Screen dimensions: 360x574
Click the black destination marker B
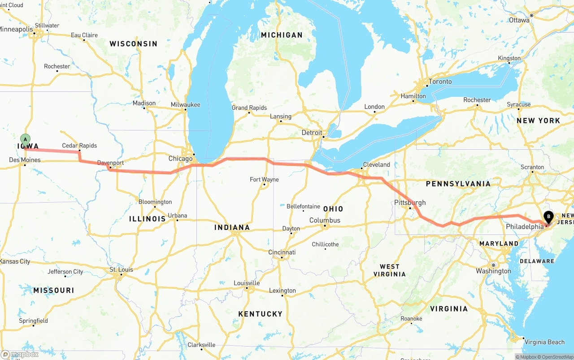point(548,217)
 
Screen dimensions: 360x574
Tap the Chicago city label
point(180,159)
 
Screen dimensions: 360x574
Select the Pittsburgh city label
point(409,203)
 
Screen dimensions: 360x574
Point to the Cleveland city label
point(376,165)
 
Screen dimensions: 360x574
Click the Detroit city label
point(312,133)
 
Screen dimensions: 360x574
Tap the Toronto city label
point(440,82)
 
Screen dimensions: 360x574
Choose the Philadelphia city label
point(524,227)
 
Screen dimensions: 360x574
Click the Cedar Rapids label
point(79,146)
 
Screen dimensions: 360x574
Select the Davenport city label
point(110,163)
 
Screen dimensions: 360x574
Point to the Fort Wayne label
point(264,179)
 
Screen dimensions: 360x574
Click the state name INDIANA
point(232,227)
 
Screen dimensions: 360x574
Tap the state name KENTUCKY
point(260,314)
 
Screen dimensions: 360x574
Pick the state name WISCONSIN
point(133,44)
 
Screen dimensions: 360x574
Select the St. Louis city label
point(121,270)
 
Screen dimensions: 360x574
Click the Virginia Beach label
point(544,342)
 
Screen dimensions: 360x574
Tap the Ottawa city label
point(519,20)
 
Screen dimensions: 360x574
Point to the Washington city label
point(493,271)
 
